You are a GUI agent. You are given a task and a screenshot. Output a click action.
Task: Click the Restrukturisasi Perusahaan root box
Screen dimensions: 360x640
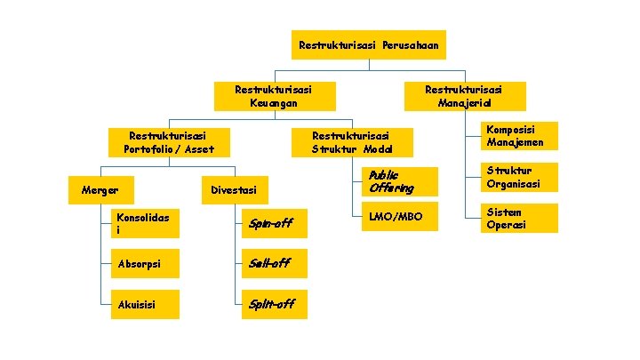369,44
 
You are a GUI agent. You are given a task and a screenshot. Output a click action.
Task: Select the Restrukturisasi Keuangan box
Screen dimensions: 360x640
274,97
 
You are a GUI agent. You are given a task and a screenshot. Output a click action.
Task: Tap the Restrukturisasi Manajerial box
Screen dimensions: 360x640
465,97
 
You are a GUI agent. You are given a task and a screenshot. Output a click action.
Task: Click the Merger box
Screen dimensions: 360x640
100,189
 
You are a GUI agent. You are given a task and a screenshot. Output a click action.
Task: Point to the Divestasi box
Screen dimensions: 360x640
234,189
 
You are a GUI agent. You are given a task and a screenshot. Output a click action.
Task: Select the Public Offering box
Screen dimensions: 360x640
399,181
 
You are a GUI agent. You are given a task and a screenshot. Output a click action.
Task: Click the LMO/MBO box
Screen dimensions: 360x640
399,218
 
